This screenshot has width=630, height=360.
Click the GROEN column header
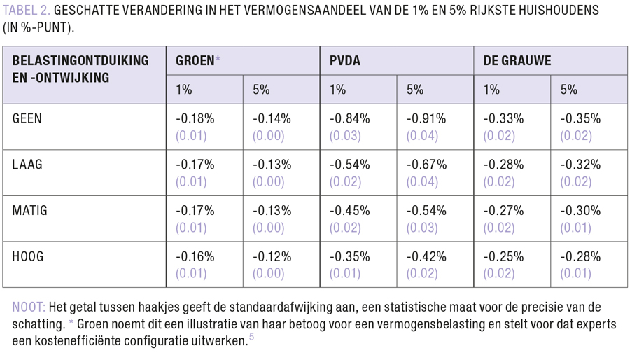click(x=195, y=60)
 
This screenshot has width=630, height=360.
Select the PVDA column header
click(x=344, y=60)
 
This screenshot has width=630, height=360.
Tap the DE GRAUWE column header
click(x=517, y=60)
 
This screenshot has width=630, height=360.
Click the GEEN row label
click(x=27, y=118)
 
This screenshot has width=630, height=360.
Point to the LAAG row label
click(x=28, y=165)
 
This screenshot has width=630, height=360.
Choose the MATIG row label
click(x=30, y=210)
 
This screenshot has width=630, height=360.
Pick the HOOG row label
click(x=28, y=256)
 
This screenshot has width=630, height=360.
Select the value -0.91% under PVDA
click(x=426, y=118)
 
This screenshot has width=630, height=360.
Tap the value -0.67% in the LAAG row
click(x=426, y=165)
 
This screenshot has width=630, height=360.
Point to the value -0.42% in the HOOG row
click(x=426, y=256)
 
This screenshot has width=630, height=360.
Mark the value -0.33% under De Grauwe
click(x=503, y=118)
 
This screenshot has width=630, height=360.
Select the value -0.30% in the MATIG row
click(x=580, y=210)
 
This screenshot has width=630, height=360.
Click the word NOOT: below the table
click(x=29, y=307)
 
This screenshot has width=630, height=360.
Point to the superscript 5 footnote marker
click(x=251, y=338)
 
